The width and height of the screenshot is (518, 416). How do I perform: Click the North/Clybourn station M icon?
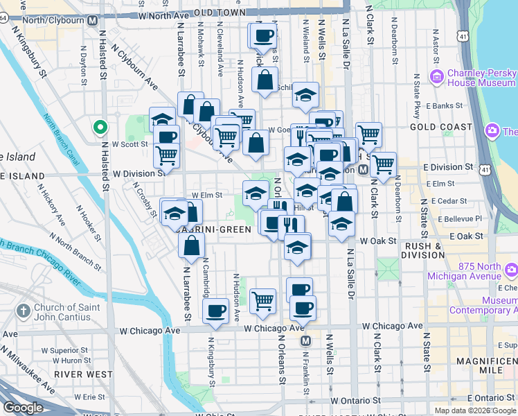coord(92,20)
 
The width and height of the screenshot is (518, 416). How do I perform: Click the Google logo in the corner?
coord(23,408)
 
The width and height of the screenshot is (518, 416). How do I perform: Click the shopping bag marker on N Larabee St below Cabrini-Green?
coord(191,245)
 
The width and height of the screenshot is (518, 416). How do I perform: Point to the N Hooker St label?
coord(90,220)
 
